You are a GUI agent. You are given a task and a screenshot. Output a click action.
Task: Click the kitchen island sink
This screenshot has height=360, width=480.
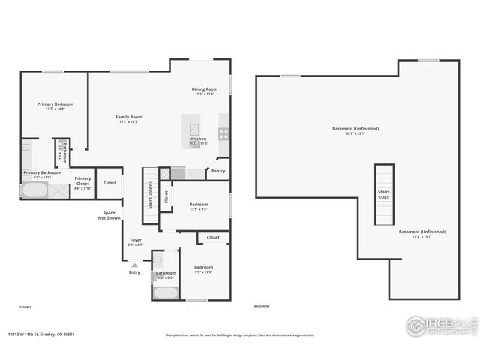pos(193,128)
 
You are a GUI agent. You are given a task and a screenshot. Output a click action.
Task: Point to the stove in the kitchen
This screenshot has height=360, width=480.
pos(223,133)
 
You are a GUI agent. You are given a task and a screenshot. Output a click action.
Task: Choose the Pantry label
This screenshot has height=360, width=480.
pos(218,171)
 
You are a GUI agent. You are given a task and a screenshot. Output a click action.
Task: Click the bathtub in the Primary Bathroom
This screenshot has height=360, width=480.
pos(34,190)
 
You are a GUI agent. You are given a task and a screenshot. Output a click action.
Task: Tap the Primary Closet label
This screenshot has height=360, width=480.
pos(82,181)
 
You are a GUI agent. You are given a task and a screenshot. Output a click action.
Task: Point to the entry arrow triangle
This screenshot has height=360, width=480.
pos(134,265)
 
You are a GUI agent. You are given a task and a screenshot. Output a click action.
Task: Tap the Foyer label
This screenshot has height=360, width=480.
pos(135,241)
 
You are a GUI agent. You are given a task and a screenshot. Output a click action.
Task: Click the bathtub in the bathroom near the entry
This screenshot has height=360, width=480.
pos(165,292)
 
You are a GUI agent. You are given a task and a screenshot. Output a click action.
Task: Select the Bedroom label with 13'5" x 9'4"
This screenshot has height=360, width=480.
pos(199,206)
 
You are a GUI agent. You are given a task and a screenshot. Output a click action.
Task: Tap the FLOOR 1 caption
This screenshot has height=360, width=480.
pos(25,307)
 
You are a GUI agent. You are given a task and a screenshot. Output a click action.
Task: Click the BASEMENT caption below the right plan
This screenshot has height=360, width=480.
pos(262,306)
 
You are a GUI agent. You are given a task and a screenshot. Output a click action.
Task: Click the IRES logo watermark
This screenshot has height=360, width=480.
pos(439,325)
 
